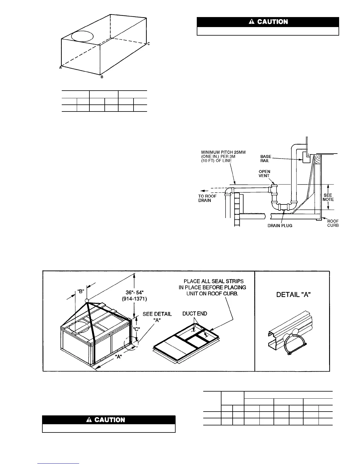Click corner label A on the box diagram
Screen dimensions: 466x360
[60, 67]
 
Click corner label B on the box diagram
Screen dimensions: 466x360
[102, 77]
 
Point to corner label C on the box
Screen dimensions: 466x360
[149, 44]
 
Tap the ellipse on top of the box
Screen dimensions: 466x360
[82, 36]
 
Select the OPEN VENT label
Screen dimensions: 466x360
[264, 174]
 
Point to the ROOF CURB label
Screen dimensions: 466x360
[333, 223]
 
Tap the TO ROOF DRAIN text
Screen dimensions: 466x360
[207, 198]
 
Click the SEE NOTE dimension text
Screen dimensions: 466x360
[328, 197]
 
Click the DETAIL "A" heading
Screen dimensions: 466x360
[292, 295]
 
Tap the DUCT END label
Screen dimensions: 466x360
[195, 314]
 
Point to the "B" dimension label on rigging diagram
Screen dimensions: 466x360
[81, 291]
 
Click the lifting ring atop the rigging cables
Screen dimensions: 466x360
[86, 301]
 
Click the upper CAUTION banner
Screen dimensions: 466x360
[268, 22]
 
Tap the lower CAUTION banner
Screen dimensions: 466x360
[109, 420]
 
